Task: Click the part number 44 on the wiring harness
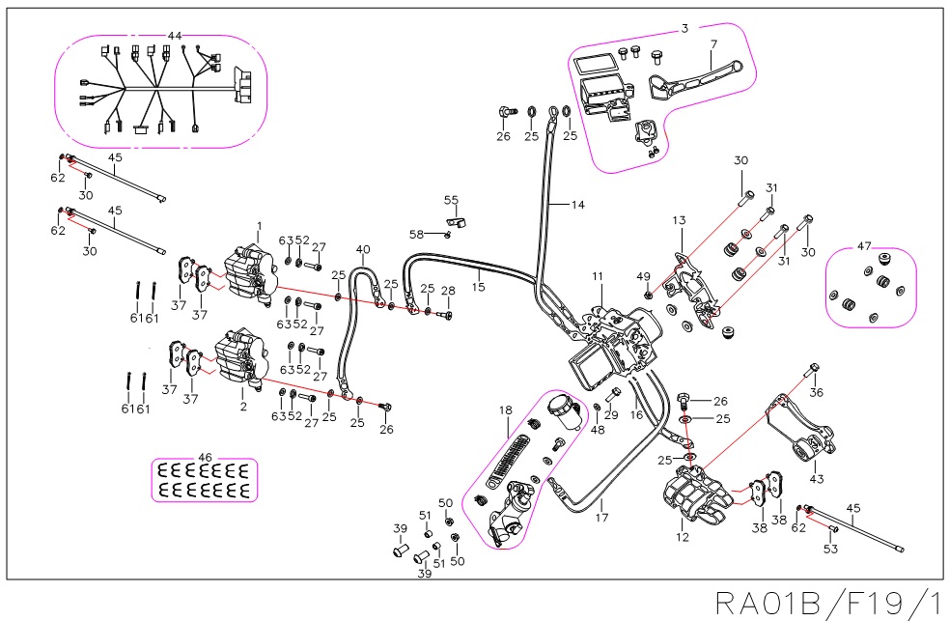point(175,36)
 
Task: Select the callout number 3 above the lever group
point(684,29)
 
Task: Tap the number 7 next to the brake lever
point(713,44)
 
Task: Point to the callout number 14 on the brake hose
point(578,205)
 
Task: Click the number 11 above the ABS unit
point(599,277)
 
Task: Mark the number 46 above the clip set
point(205,457)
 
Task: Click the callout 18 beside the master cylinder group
point(505,410)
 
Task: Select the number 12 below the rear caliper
point(684,537)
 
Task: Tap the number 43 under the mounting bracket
point(817,479)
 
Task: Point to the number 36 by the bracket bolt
point(817,392)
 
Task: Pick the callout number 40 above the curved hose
point(363,249)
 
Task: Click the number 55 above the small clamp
point(451,199)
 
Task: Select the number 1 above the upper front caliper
point(259,225)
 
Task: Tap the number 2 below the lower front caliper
point(243,407)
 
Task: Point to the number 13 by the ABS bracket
point(679,221)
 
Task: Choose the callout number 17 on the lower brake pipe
point(601,504)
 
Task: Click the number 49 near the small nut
point(644,277)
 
